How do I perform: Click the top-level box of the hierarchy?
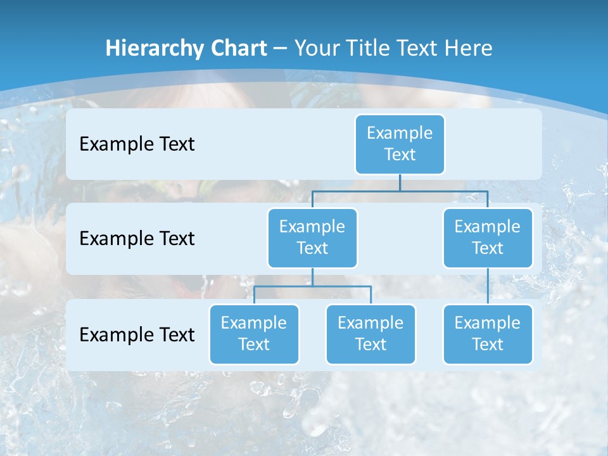400,144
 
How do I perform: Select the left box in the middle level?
312,237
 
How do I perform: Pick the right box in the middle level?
488,237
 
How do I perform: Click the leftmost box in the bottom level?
254,334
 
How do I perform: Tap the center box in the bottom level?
370,334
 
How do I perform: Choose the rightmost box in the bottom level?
488,334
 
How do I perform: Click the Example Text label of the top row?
137,144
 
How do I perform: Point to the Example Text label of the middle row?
137,238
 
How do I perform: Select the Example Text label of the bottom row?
137,334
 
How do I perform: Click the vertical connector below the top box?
400,182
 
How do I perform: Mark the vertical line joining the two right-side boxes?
488,286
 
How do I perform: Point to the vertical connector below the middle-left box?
312,277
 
